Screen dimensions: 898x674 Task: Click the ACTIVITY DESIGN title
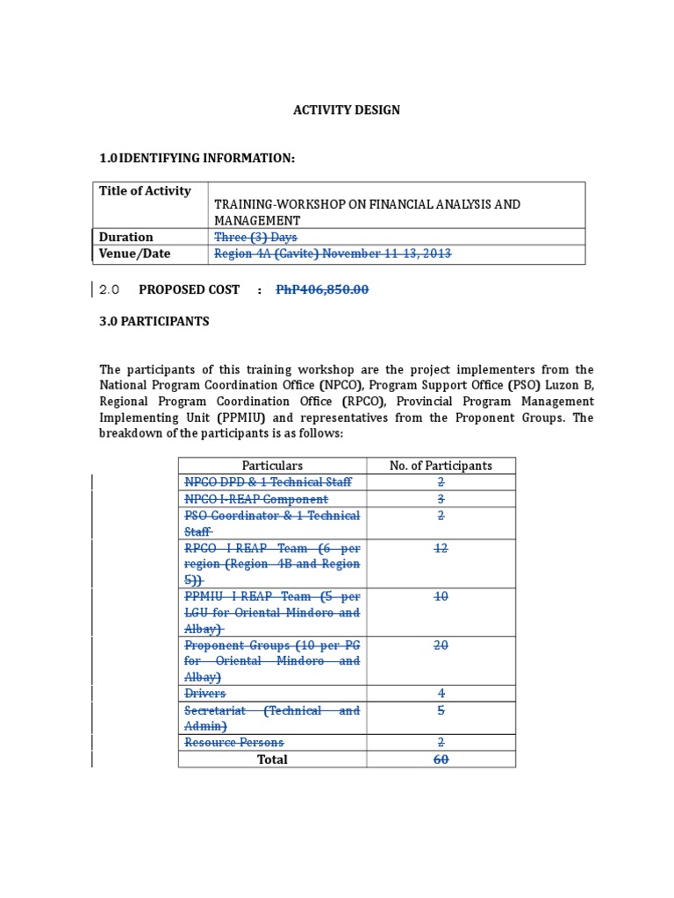click(345, 110)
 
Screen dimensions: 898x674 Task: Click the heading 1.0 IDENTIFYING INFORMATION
click(197, 158)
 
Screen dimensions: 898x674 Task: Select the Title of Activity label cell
click(145, 191)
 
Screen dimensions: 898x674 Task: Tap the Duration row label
click(126, 237)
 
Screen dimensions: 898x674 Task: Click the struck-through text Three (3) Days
click(256, 237)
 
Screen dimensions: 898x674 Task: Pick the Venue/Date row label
click(135, 253)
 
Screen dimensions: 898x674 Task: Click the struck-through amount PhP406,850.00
click(322, 289)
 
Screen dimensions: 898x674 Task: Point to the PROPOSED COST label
click(189, 289)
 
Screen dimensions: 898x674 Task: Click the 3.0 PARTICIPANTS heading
click(154, 322)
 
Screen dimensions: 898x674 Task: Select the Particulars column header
click(272, 466)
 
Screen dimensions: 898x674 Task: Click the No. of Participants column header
click(441, 466)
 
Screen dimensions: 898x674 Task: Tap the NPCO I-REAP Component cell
click(256, 499)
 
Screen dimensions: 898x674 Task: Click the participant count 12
click(441, 548)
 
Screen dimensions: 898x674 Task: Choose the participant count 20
click(441, 645)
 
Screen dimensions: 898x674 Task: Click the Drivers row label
click(204, 693)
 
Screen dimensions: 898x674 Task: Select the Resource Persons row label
click(233, 742)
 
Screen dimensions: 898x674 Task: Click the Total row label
click(272, 759)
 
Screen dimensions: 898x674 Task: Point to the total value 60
click(441, 759)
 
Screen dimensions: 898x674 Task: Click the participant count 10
click(441, 596)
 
